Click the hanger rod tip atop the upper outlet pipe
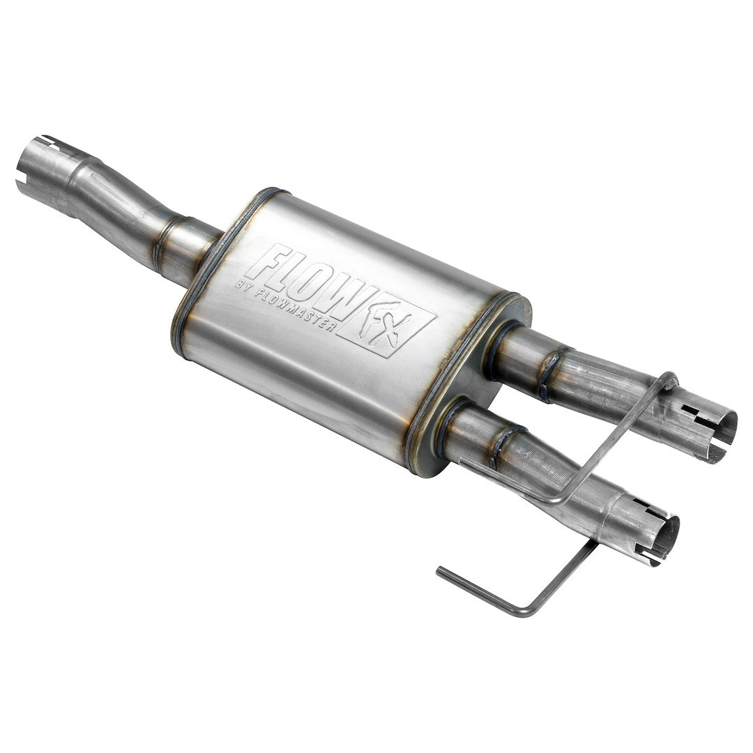click(x=670, y=381)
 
